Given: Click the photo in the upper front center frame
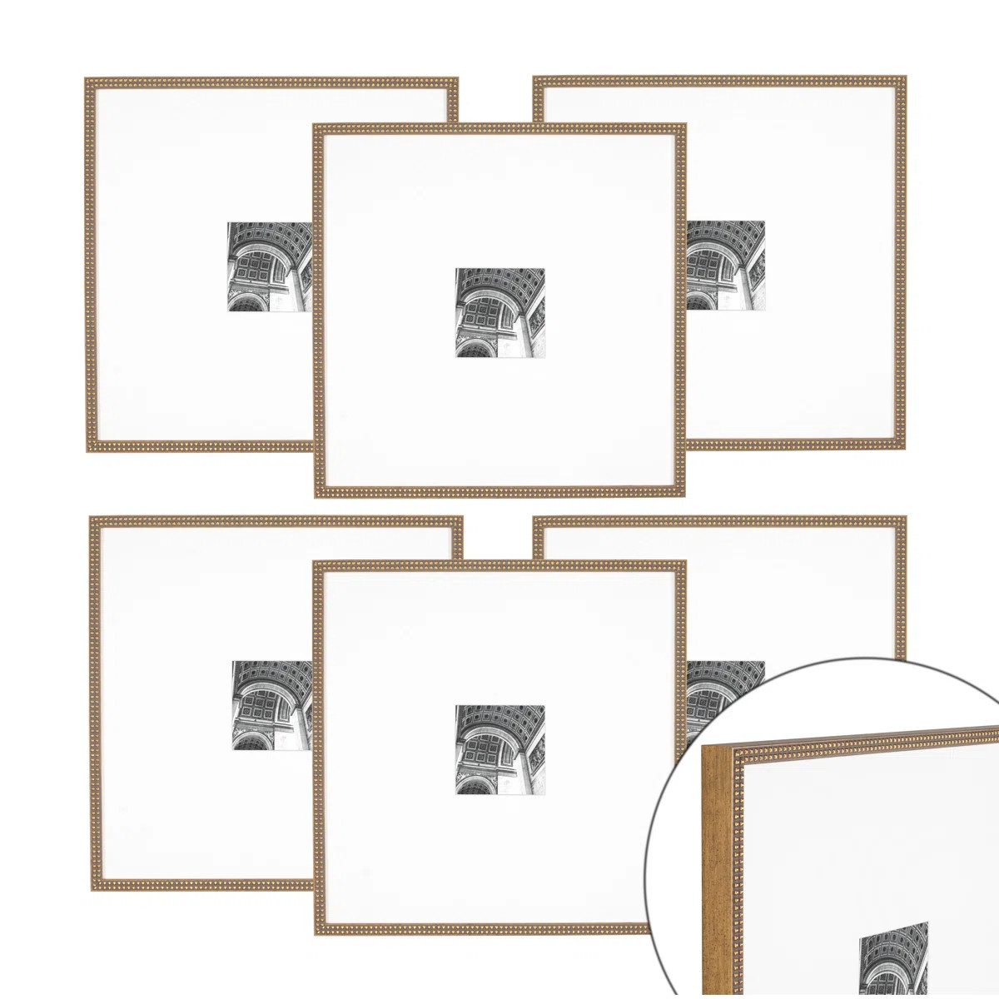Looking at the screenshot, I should (x=499, y=312).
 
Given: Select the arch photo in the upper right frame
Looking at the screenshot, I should (x=725, y=266).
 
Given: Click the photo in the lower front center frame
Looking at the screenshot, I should (x=499, y=749).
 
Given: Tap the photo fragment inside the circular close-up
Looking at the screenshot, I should (x=893, y=957).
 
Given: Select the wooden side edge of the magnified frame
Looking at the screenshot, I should (x=715, y=874).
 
